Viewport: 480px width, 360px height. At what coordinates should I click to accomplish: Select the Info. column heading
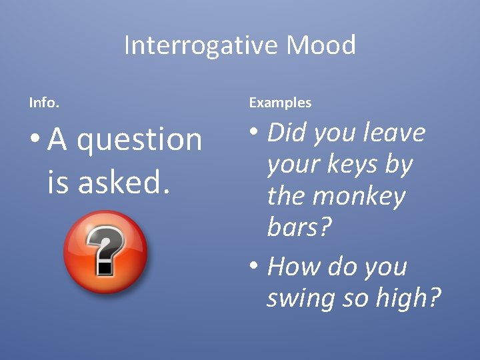[44, 103]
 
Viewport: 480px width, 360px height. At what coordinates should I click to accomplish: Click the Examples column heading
[280, 103]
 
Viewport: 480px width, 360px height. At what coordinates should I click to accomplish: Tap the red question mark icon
[105, 252]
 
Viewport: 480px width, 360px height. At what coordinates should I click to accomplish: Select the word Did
[286, 133]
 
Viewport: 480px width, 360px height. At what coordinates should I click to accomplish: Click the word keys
[351, 165]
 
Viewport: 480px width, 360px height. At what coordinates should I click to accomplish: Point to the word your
[291, 165]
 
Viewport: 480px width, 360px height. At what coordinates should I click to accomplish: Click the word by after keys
[399, 165]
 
